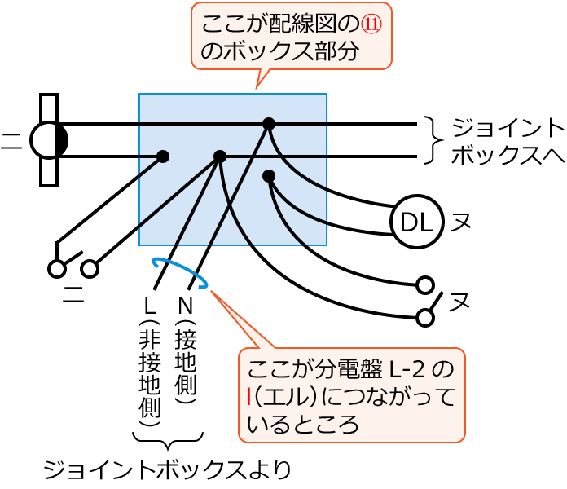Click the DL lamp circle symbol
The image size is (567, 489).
pos(416,221)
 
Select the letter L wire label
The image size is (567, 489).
pos(149,306)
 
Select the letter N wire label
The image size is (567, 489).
pos(185,306)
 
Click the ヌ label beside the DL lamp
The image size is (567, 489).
pos(461,222)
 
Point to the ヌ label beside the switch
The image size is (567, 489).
pos(460,301)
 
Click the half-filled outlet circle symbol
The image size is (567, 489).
pos(49,140)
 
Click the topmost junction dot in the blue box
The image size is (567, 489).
pos(269,124)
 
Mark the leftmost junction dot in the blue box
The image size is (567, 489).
pos(163,156)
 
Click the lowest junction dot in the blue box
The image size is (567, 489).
pos(269,176)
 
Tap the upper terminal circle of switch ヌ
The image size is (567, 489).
pos(424,284)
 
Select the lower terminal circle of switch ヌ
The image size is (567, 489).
pos(424,317)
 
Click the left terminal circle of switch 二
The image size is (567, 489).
pos(57,268)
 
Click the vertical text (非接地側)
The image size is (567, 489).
pos(149,375)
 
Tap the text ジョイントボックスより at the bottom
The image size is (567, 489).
pos(166,469)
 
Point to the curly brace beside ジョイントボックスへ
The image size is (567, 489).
pos(432,140)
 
